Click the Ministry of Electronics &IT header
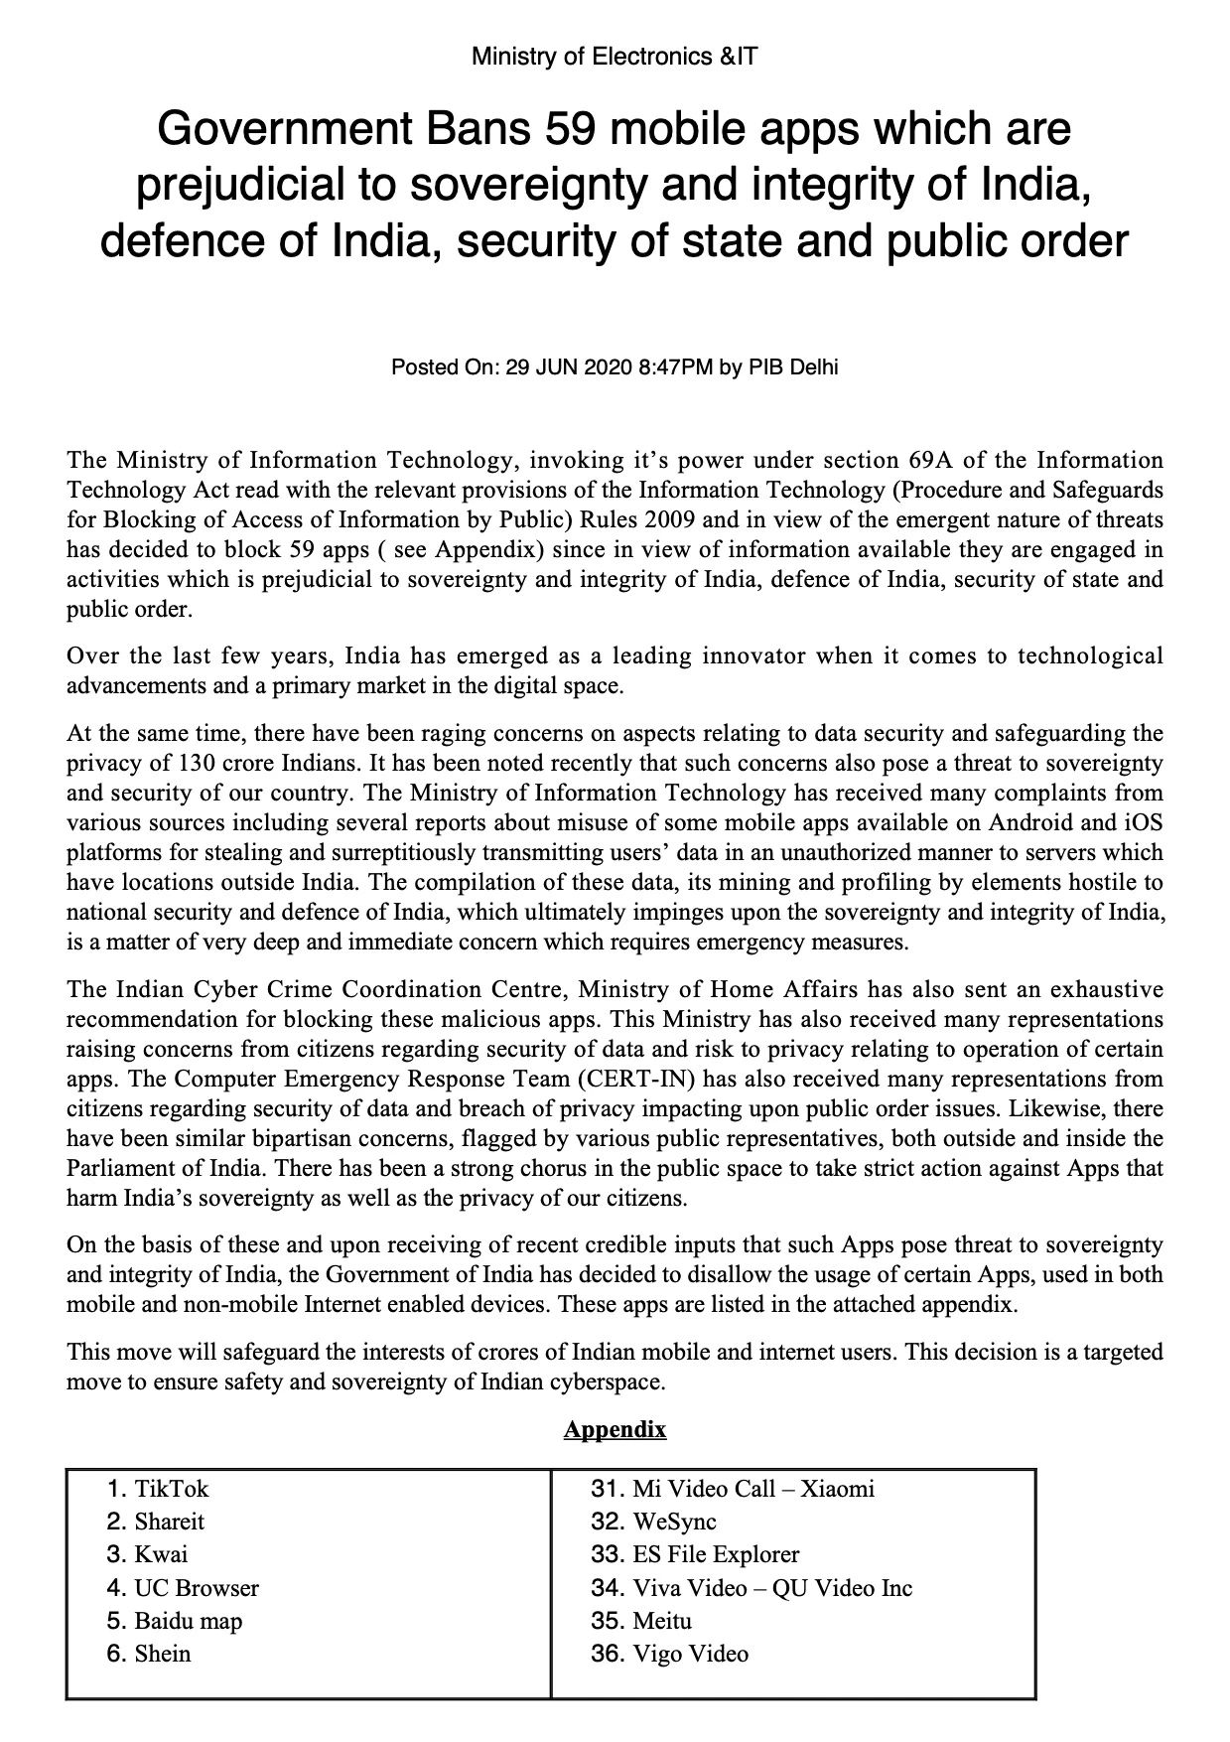pos(615,57)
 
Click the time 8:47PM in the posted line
pos(676,367)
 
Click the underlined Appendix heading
pos(615,1429)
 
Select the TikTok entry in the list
pos(172,1489)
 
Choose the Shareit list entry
pos(170,1522)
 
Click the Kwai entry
pos(161,1554)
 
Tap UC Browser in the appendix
pos(197,1588)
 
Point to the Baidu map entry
pos(189,1621)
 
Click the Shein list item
pos(163,1654)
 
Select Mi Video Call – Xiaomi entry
pos(753,1489)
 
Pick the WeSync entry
pos(674,1522)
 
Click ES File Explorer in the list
pos(716,1554)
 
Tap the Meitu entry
pos(662,1621)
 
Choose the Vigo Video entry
pos(691,1654)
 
